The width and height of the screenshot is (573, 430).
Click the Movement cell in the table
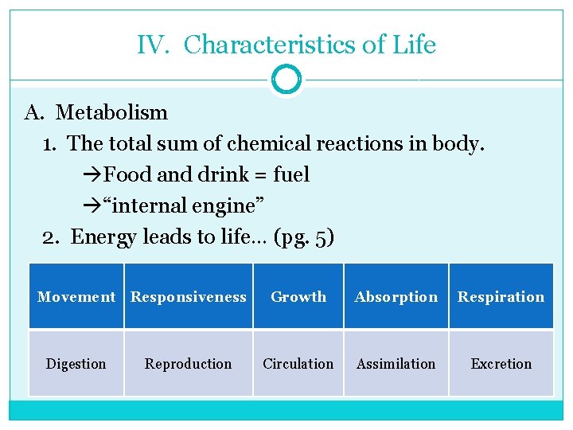(x=76, y=297)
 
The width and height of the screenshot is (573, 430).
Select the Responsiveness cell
(x=189, y=297)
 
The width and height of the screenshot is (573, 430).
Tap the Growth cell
(x=298, y=297)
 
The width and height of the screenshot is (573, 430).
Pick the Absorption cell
(x=396, y=297)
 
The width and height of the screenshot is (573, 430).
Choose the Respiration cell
(x=501, y=297)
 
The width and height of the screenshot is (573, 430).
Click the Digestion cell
(x=76, y=364)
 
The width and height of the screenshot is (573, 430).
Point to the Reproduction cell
(x=189, y=364)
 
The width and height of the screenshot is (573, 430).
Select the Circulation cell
(x=298, y=364)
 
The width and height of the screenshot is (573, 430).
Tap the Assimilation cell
(x=396, y=364)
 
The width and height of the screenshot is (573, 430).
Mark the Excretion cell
(x=501, y=364)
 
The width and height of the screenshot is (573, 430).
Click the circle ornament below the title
(x=286, y=80)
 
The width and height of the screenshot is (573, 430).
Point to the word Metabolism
(x=111, y=112)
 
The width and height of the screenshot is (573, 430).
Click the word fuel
(x=291, y=174)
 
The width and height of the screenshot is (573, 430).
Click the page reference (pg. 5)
(x=303, y=237)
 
